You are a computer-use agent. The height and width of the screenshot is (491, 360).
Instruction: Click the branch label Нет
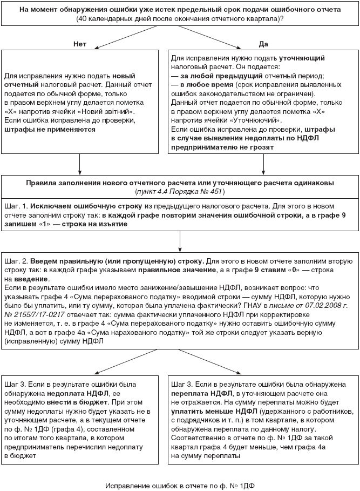point(80,43)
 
